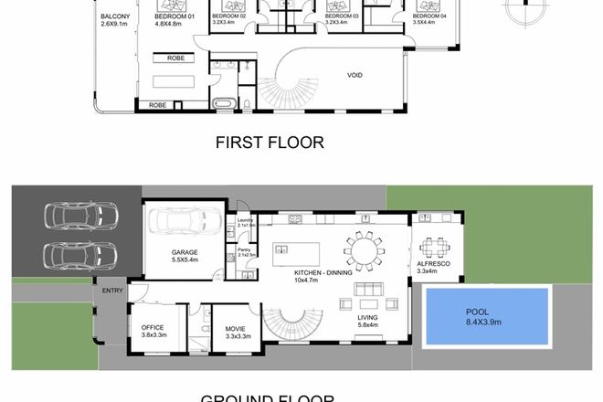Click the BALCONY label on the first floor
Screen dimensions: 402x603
115,17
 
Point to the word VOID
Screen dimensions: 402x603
356,76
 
